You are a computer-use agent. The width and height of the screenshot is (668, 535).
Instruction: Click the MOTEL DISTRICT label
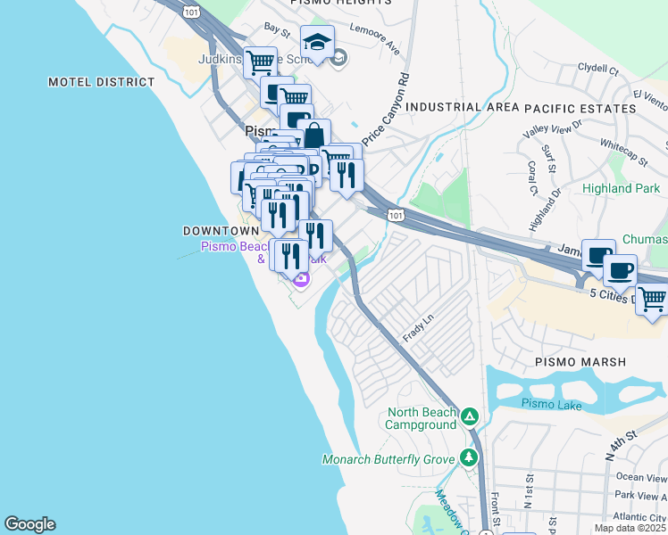pos(101,82)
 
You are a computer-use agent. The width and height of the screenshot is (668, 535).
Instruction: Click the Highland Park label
pos(621,188)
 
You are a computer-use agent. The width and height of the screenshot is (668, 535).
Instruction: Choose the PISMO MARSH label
pos(580,362)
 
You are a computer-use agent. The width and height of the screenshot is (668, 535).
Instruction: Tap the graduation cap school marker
pos(316,42)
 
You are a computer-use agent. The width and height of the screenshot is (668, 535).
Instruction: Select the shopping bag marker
pos(313,136)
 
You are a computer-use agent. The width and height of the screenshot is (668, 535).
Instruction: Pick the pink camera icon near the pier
pos(302,281)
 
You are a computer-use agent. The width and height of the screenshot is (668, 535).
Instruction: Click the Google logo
pos(29,524)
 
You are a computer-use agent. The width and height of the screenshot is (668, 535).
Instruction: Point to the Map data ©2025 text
pos(630,528)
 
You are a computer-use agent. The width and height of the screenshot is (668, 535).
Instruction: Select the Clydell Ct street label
pos(597,68)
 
